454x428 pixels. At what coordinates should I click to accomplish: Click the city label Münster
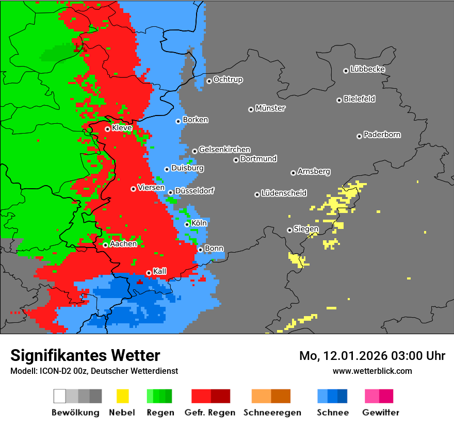click(270, 108)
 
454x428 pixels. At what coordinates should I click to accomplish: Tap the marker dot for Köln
click(187, 224)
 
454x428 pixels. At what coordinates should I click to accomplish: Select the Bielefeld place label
click(359, 99)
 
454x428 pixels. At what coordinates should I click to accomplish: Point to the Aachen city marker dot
click(105, 245)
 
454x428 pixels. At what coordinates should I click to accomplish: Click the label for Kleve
click(122, 128)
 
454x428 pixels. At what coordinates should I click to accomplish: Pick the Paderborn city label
click(382, 135)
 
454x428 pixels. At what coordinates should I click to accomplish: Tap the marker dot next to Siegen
click(289, 230)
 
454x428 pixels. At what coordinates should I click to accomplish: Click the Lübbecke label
click(367, 69)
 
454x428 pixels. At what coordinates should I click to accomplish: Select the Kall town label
click(160, 271)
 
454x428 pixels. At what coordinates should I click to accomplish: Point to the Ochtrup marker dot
click(209, 80)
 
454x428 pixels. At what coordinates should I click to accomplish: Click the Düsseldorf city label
click(194, 191)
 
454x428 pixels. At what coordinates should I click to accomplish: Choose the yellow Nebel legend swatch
click(122, 396)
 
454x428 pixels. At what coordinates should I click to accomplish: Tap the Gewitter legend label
click(381, 413)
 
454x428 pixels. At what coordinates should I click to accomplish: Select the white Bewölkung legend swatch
click(60, 396)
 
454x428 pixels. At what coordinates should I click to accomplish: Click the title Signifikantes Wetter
click(85, 356)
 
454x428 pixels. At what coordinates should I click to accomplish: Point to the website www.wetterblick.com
click(372, 371)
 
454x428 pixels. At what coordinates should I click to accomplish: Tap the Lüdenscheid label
click(284, 193)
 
